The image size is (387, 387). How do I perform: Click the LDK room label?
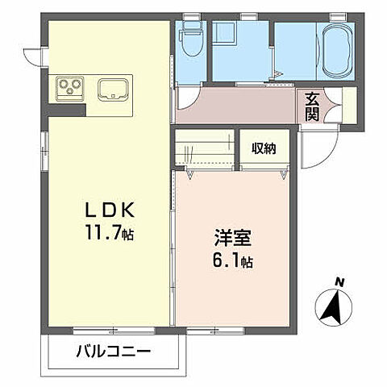coord(110,209)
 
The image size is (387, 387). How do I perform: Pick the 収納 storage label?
coord(263,148)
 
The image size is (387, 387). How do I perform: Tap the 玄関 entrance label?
coord(312,106)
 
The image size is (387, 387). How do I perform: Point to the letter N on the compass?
coord(339,282)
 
